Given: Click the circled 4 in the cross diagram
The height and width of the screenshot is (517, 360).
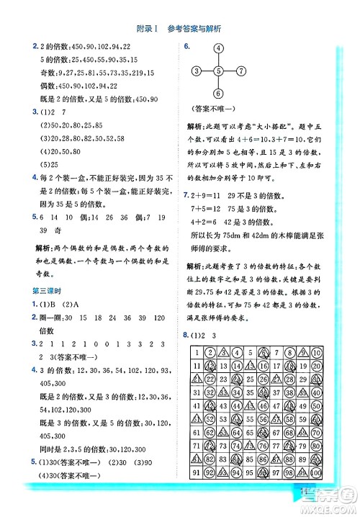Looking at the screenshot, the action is (x=219, y=48).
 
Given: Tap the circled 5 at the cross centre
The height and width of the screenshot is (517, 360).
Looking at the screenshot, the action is (x=219, y=71).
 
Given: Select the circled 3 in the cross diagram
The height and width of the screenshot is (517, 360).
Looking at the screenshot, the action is (x=196, y=71).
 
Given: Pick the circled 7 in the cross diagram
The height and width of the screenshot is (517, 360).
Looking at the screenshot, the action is (x=242, y=71).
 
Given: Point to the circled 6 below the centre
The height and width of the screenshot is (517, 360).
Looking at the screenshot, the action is (x=219, y=94).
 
